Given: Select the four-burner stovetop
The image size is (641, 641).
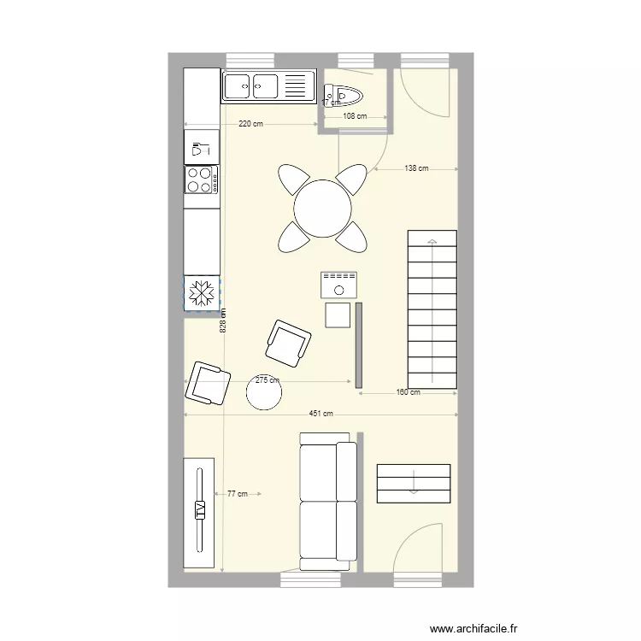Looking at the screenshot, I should (202, 179).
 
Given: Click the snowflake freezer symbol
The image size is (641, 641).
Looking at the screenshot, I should (203, 293).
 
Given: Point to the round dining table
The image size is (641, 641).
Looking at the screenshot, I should (322, 208).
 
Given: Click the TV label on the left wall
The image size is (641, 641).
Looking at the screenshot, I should (199, 511).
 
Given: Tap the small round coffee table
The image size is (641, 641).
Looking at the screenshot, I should (264, 392).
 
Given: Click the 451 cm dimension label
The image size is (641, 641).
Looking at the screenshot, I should (320, 415).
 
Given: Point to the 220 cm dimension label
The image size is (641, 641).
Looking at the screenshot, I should (250, 124).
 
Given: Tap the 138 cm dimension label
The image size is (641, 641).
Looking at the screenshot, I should (416, 168).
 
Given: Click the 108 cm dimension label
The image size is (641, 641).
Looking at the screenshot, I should (355, 116).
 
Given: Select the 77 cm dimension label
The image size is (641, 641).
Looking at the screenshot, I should (237, 493).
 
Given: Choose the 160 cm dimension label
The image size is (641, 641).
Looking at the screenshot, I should (409, 393).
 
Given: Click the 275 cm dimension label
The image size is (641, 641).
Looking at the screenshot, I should (268, 380).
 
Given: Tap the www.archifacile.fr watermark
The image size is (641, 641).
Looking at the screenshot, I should (473, 628).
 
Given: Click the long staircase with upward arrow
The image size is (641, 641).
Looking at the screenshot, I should (432, 308).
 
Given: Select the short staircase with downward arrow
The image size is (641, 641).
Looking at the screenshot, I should (413, 484).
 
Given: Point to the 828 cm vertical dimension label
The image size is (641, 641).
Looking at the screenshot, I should (223, 320).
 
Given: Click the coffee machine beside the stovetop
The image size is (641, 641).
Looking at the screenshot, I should (202, 148).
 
